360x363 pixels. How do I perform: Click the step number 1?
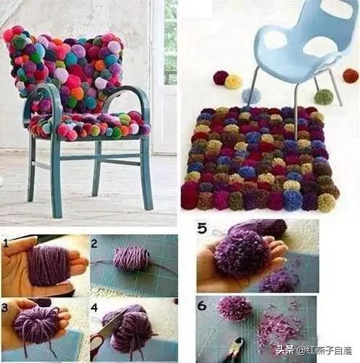[x=6, y=243]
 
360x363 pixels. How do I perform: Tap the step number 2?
[x=94, y=243]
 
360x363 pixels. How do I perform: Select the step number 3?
[x=4, y=308]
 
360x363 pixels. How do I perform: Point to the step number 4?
[x=94, y=308]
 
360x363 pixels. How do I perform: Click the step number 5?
[x=202, y=228]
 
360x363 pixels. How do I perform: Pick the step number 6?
[x=202, y=306]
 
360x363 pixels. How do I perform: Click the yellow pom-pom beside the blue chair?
[x=234, y=81]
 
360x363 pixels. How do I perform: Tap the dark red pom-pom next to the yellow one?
[x=221, y=78]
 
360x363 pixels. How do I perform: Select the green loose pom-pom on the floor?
[x=324, y=97]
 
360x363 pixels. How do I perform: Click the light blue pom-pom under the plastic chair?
[x=252, y=96]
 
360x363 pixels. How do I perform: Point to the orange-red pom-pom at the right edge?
[x=351, y=76]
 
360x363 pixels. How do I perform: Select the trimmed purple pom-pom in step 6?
[x=234, y=309]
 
